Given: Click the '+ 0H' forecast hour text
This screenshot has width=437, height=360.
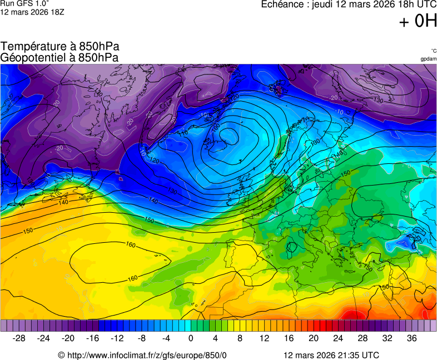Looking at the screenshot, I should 418,21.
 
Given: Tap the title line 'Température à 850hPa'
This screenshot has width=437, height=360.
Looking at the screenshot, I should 60,47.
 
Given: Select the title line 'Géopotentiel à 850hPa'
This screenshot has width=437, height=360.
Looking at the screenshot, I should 59,57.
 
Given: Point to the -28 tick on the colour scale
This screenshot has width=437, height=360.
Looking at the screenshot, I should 19,338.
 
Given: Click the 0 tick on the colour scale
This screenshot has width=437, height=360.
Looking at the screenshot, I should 191,338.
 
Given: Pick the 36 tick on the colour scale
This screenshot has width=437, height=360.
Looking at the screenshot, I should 411,338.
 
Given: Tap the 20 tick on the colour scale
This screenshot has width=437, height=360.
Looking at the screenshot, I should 314,338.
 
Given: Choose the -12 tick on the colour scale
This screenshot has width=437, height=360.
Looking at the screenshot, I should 117,338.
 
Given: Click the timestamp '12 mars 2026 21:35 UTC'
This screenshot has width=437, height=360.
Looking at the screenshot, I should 331,355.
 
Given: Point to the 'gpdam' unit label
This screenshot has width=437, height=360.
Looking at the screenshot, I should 428,59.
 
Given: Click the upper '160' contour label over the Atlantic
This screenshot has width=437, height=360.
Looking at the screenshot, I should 131,245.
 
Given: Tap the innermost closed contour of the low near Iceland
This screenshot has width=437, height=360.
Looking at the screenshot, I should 227,135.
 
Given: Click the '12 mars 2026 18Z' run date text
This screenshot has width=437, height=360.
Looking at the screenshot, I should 32,12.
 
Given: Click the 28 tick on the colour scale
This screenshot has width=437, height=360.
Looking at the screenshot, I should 362,338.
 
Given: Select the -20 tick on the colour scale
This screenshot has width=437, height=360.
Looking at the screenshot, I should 68,338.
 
